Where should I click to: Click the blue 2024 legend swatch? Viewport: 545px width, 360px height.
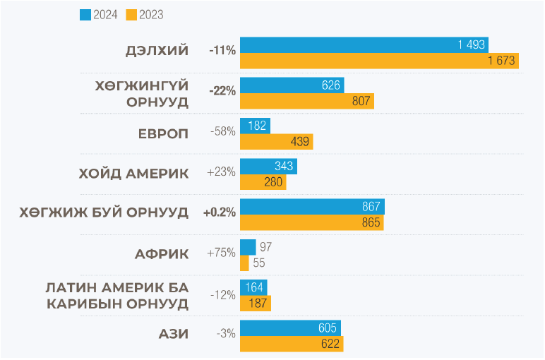click(x=84, y=14)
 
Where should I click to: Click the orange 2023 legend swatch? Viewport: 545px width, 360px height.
click(x=131, y=14)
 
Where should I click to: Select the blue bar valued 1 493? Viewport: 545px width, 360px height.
click(x=364, y=44)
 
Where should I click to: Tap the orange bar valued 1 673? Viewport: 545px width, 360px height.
click(x=379, y=61)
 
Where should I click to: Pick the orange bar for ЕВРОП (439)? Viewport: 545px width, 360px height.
click(x=276, y=142)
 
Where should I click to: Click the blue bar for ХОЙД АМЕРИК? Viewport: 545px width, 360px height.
click(x=268, y=167)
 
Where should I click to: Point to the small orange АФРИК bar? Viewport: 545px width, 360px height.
click(x=244, y=263)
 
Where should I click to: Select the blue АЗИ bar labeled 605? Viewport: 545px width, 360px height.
click(x=290, y=328)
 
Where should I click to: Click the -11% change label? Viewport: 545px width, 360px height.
click(x=222, y=51)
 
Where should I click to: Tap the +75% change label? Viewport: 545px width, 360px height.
click(x=221, y=253)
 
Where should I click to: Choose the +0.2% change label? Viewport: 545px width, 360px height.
click(x=219, y=212)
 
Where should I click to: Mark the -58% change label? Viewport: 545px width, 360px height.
click(x=222, y=132)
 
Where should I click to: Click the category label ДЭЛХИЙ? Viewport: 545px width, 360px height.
click(x=157, y=51)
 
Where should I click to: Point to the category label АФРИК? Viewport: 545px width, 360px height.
click(x=162, y=253)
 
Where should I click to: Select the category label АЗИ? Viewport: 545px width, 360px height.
click(x=173, y=333)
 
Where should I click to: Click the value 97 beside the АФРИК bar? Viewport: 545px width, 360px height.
click(x=265, y=247)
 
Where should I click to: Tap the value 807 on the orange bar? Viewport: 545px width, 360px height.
click(x=361, y=102)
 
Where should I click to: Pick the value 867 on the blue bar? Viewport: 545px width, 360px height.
click(x=371, y=207)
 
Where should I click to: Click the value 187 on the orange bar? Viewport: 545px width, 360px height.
click(x=258, y=304)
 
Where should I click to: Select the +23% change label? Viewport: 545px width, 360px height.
click(x=221, y=172)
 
